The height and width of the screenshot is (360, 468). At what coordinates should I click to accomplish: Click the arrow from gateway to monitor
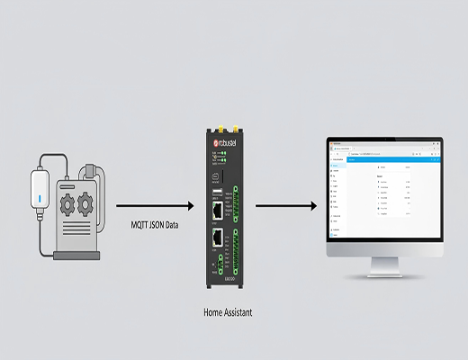coord(285,206)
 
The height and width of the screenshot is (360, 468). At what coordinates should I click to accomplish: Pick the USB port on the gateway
coord(217,191)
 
